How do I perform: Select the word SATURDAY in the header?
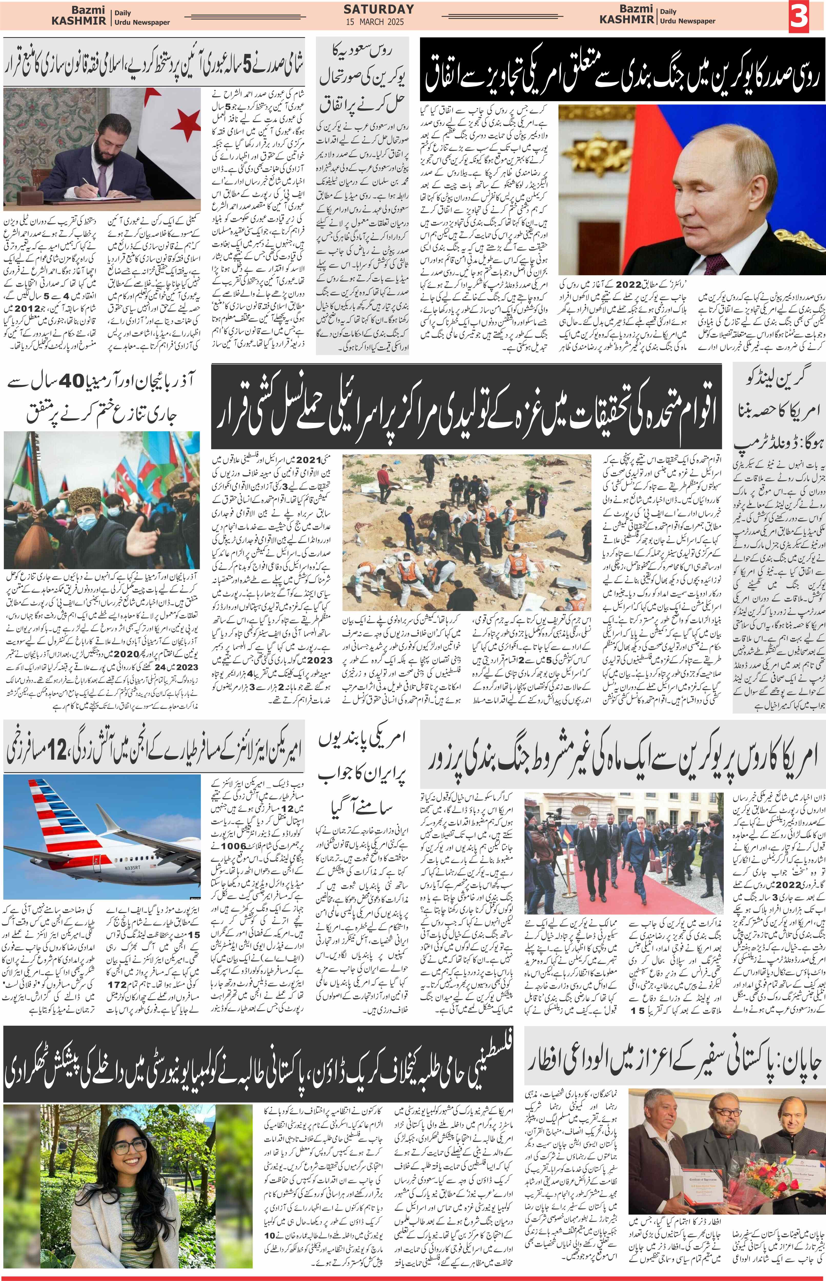379,9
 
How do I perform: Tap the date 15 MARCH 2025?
379,22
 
